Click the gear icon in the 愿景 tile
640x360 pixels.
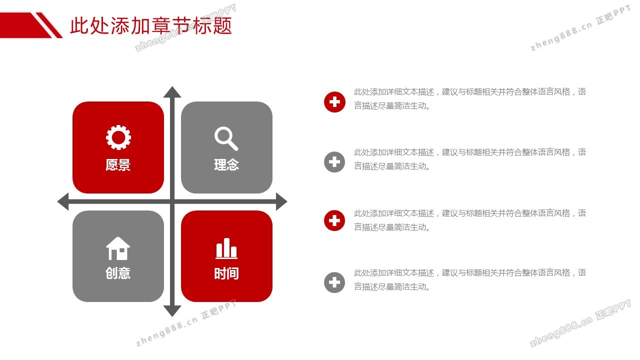(118, 137)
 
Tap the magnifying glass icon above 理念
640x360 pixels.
(226, 138)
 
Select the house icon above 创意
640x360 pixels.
(118, 248)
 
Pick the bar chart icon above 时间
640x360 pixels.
(226, 248)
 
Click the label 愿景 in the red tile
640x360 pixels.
(118, 165)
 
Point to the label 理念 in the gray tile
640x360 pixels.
(226, 165)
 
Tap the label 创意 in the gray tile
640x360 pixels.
(118, 273)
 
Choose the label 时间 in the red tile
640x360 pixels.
(226, 273)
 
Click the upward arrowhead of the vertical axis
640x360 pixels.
(172, 92)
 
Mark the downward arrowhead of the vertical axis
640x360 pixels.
(172, 311)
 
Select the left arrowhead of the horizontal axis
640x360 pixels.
(63, 201)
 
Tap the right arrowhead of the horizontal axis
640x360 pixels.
(281, 201)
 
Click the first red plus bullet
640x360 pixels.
(334, 102)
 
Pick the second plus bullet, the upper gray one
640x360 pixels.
(334, 162)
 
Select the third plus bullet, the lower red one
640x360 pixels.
(334, 220)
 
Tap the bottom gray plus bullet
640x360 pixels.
(334, 282)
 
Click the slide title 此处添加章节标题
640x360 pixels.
(151, 25)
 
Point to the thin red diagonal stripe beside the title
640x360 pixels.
(49, 25)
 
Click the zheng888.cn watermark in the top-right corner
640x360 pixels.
(580, 28)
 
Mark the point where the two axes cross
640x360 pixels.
(172, 201)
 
